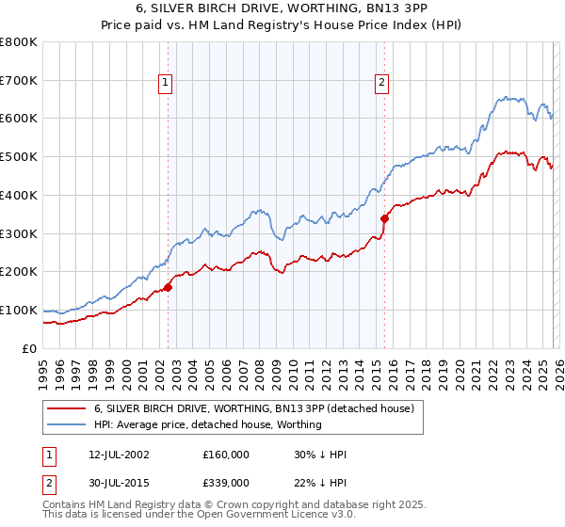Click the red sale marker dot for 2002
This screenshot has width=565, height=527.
[x=169, y=287]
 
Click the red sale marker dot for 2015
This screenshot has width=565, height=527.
[x=384, y=218]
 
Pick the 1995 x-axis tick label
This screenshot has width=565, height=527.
[x=43, y=368]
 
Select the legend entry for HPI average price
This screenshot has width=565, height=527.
[x=207, y=424]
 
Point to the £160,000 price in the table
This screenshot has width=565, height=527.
[x=226, y=455]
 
